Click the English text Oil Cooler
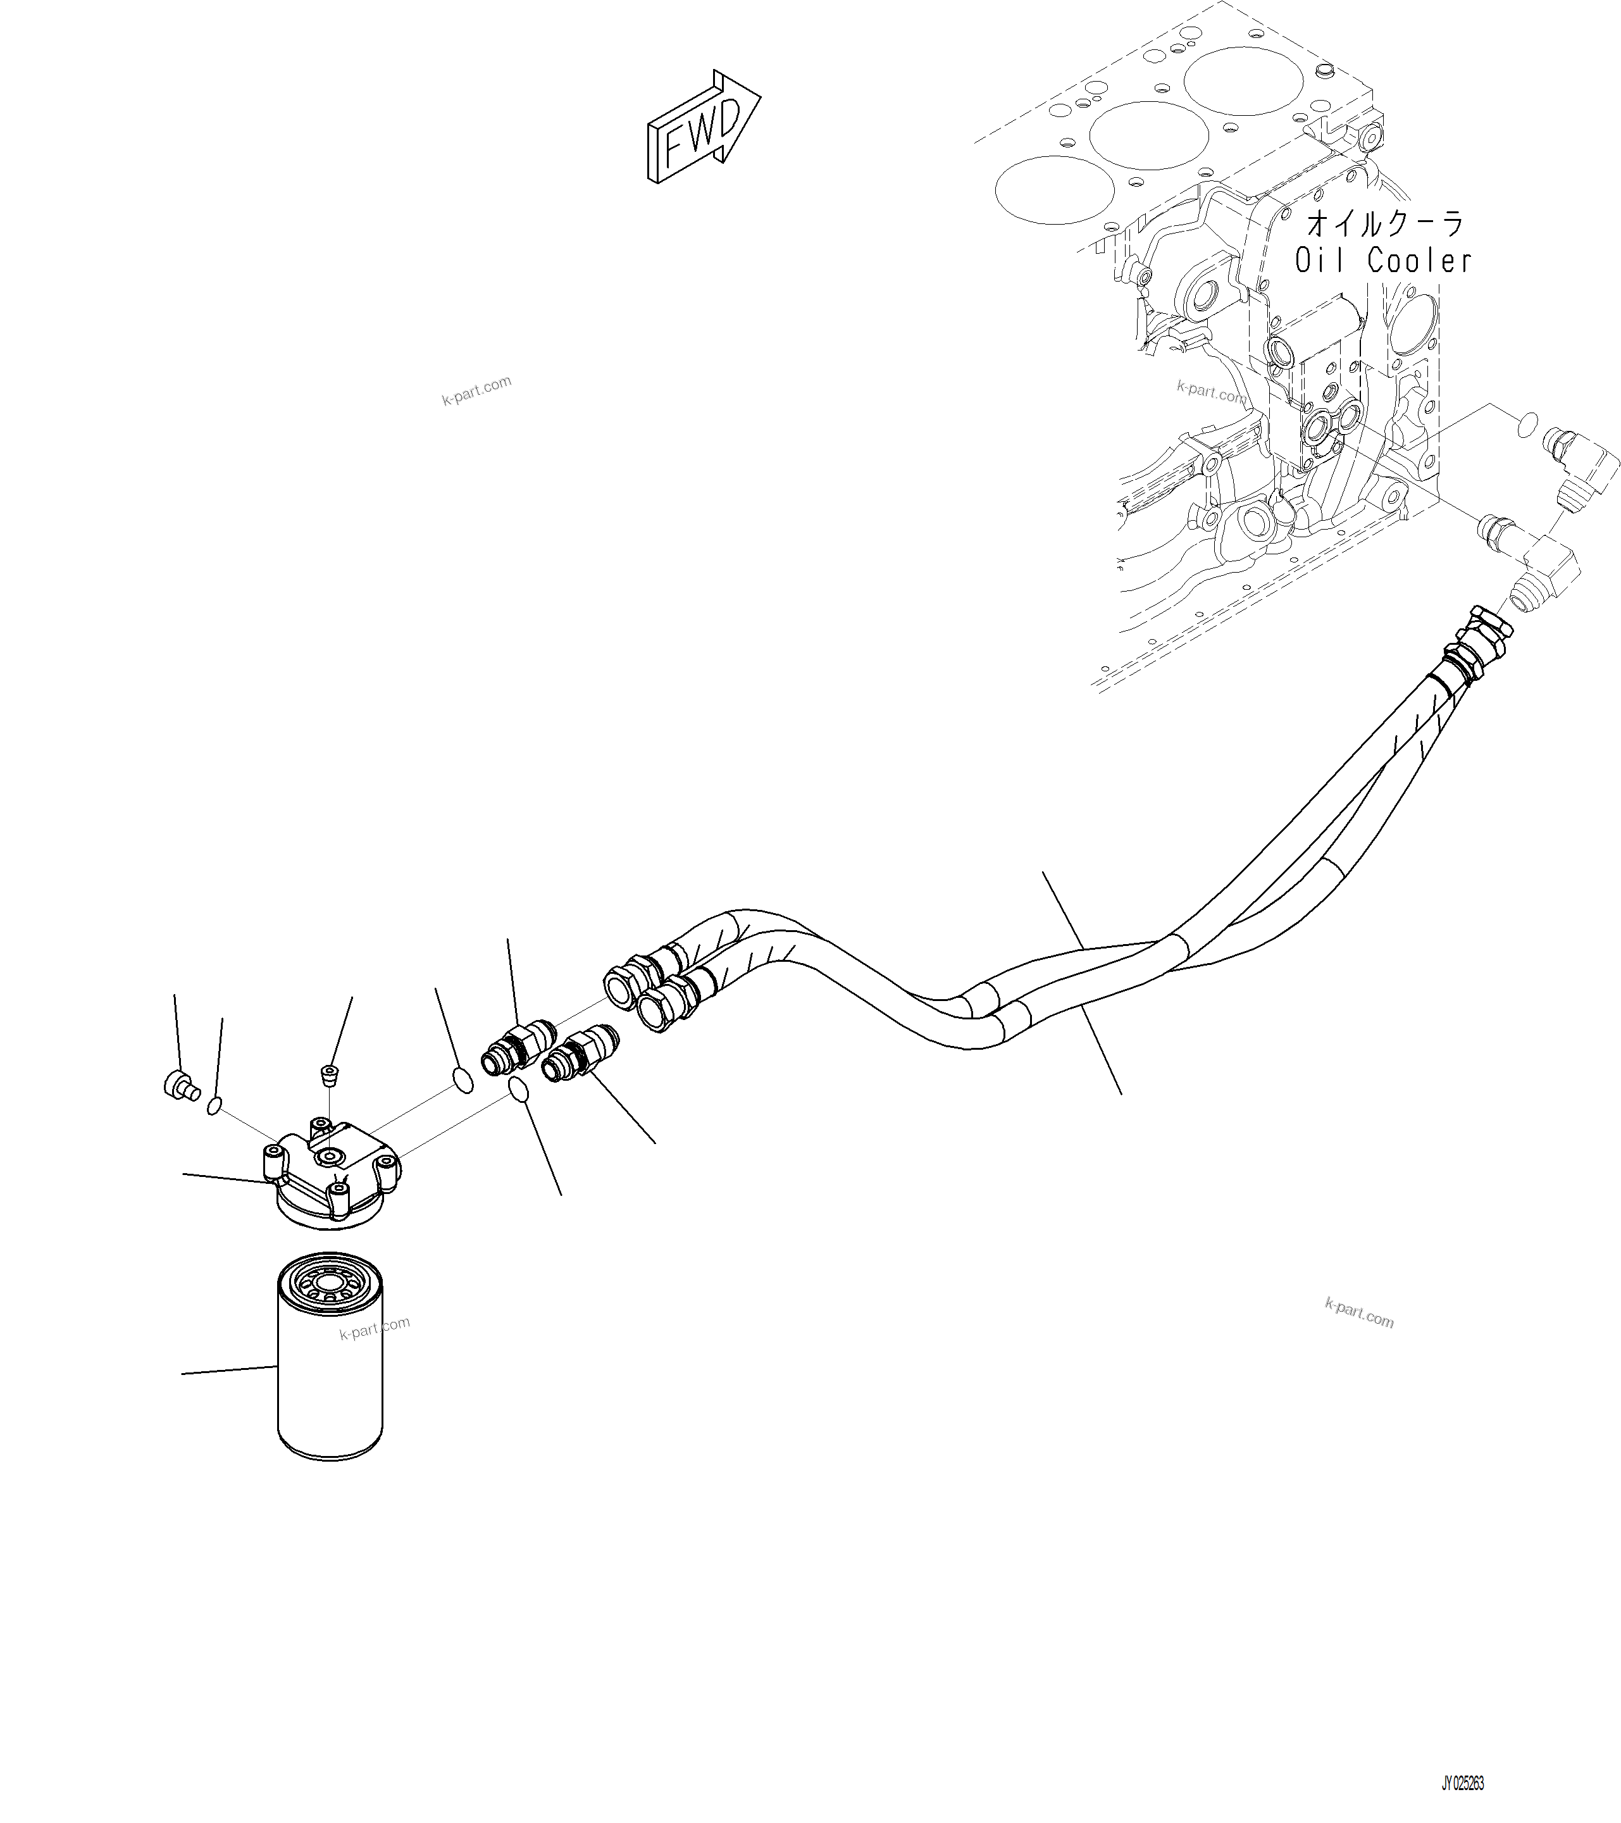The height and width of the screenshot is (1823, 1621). [1383, 261]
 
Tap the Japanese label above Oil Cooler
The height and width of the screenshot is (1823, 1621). [1385, 223]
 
